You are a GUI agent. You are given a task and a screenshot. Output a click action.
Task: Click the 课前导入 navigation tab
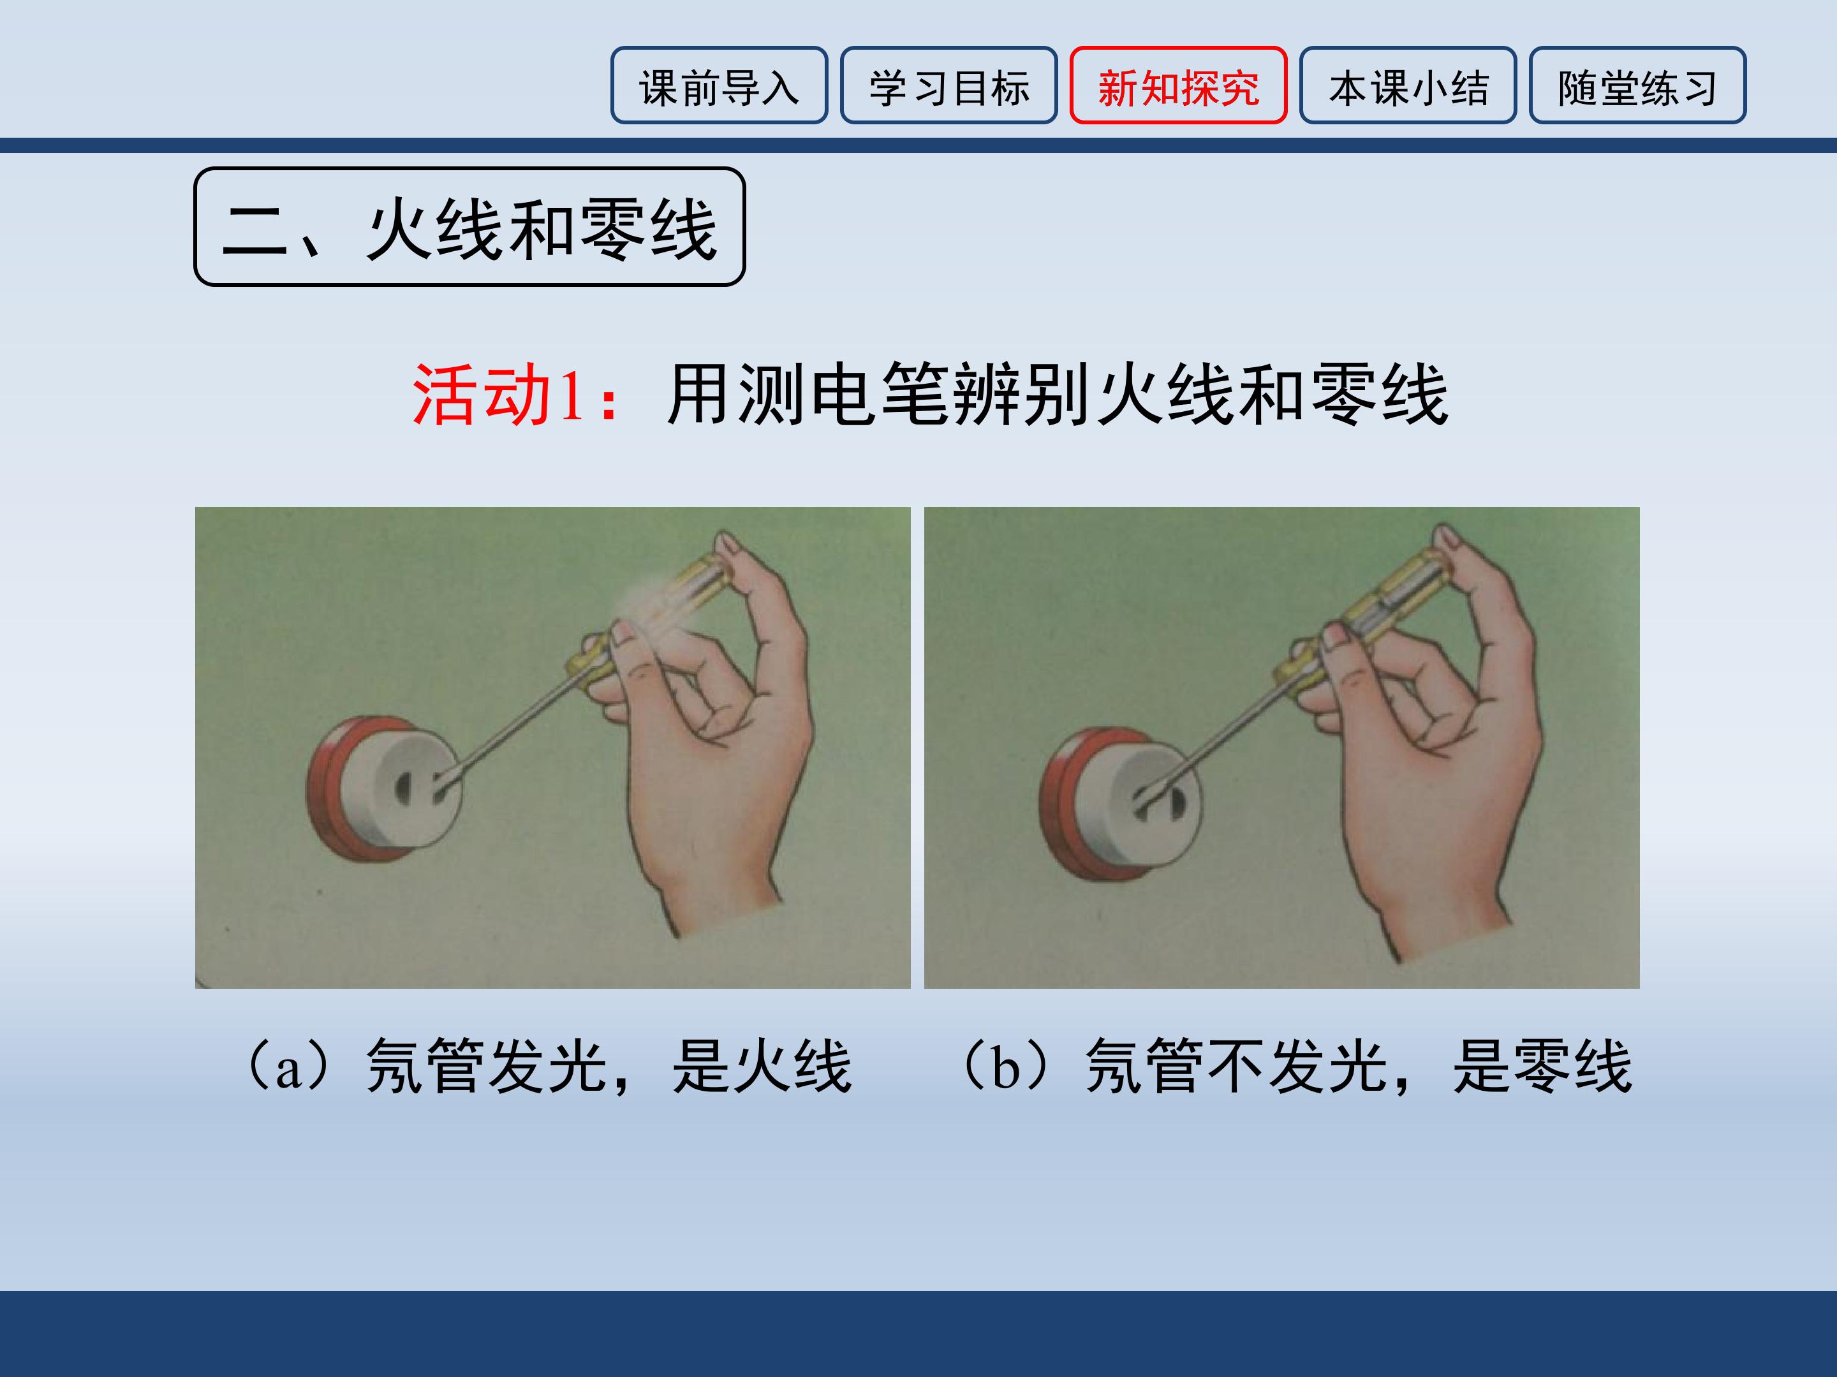[x=719, y=85]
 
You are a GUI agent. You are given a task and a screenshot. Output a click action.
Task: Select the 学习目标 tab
[x=948, y=85]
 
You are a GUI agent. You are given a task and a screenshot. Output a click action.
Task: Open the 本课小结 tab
[x=1408, y=85]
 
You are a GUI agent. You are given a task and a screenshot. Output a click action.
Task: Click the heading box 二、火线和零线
[x=469, y=226]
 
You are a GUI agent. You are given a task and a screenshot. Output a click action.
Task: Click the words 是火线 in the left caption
[x=762, y=1067]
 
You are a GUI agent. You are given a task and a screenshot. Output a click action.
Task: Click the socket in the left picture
[x=384, y=789]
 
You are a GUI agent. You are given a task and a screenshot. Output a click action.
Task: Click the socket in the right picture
[x=1121, y=803]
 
